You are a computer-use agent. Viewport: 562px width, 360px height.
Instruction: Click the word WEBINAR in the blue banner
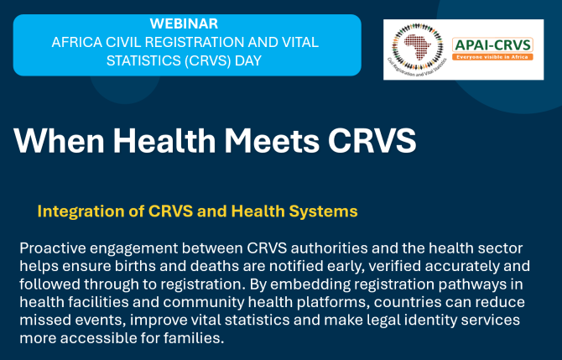[184, 23]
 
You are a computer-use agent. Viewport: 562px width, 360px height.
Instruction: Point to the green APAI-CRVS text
[492, 45]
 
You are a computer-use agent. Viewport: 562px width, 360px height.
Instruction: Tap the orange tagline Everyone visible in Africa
[492, 57]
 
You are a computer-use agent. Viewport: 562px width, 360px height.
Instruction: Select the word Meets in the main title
[272, 140]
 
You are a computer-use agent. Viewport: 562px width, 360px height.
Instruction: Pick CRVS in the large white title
[372, 140]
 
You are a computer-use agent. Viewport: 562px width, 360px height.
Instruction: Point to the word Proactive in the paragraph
[52, 248]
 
